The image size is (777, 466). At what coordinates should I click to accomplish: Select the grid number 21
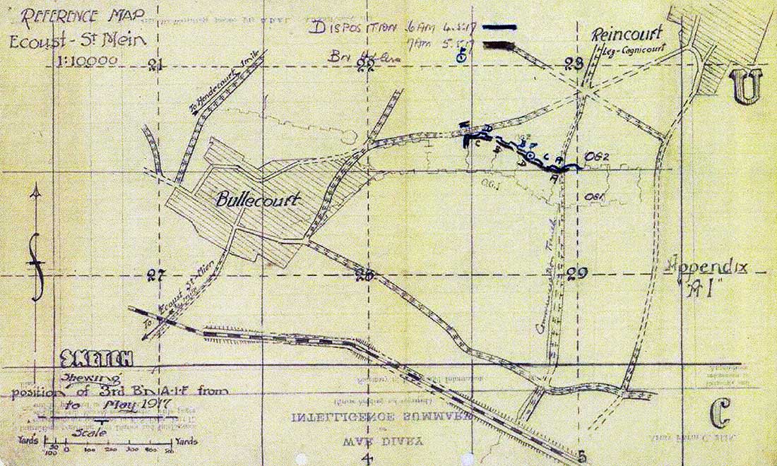pos(156,66)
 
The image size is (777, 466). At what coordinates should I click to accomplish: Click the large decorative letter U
pos(746,88)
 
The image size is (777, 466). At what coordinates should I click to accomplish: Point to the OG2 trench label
pos(597,156)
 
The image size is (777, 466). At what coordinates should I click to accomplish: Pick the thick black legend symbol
pos(501,45)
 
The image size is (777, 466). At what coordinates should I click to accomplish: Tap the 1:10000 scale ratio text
pos(85,61)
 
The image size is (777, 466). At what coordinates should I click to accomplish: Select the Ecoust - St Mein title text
pos(76,40)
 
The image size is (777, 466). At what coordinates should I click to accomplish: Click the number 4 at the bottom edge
pos(368,460)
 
